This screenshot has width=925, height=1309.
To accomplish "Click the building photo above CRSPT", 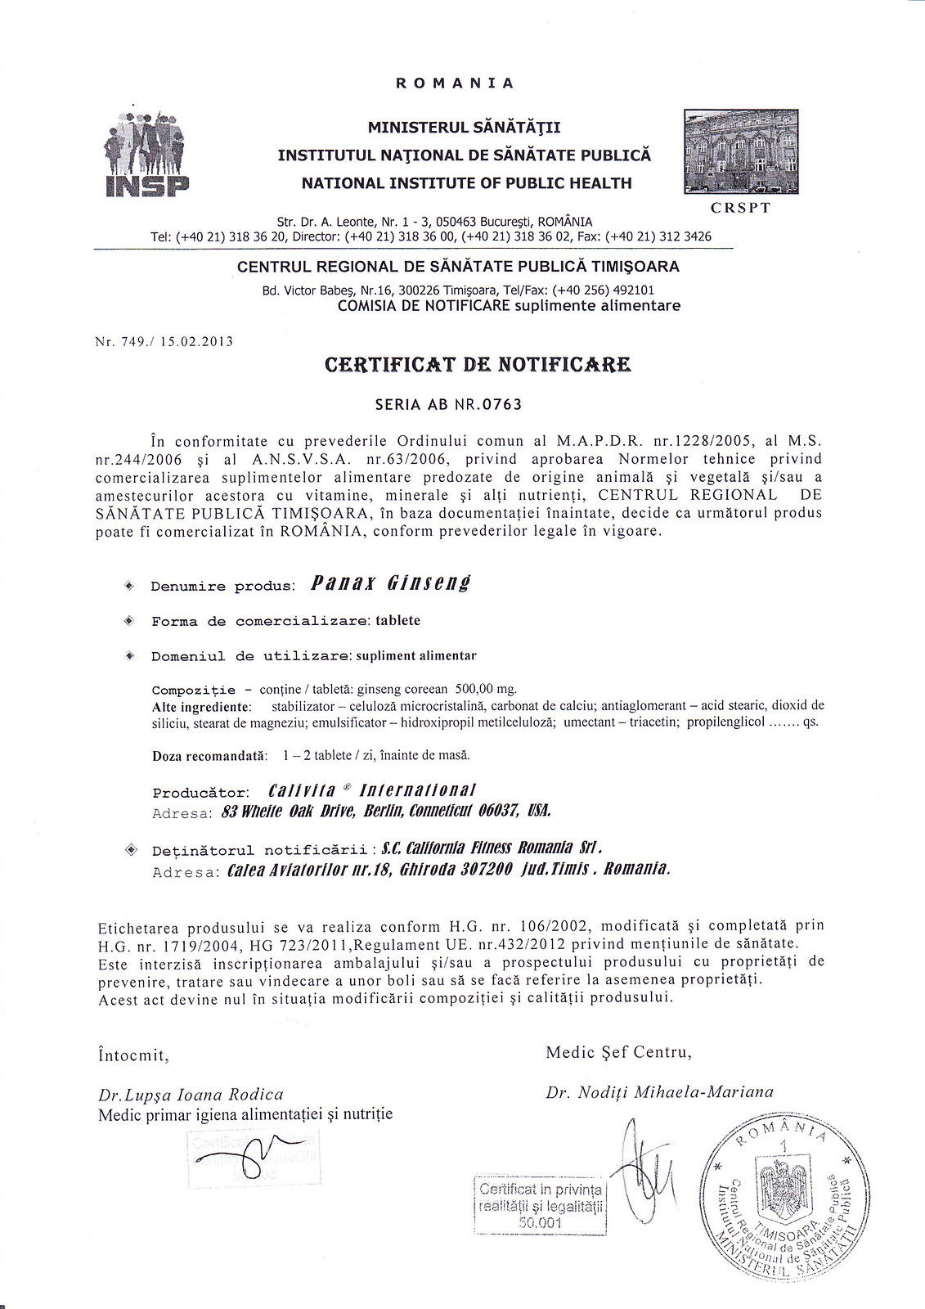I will pyautogui.click(x=740, y=152).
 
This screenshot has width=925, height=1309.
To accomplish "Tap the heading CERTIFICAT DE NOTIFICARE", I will pyautogui.click(x=478, y=365).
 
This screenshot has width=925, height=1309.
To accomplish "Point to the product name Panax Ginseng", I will pyautogui.click(x=392, y=583).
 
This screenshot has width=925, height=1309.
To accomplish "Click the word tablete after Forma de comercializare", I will pyautogui.click(x=397, y=620).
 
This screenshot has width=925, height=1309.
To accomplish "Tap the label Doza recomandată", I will pyautogui.click(x=209, y=755).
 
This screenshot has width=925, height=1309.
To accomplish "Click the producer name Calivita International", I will pyautogui.click(x=372, y=790).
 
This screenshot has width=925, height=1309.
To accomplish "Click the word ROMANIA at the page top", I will pyautogui.click(x=455, y=83).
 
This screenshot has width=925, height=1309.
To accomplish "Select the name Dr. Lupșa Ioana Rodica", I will pyautogui.click(x=191, y=1095).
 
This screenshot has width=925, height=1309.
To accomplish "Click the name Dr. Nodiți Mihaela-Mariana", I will pyautogui.click(x=658, y=1091).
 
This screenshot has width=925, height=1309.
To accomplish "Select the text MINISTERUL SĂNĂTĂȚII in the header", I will pyautogui.click(x=464, y=128).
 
